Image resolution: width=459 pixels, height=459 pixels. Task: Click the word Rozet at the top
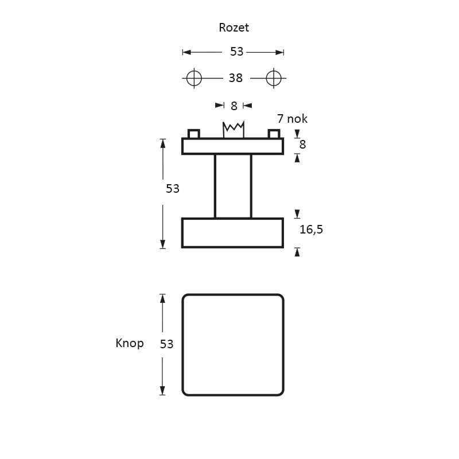[x=234, y=27]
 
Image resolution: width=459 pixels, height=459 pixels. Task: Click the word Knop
[x=130, y=343]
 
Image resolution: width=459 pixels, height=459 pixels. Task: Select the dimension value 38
[x=235, y=77]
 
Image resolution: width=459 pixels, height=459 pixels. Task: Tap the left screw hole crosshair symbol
[x=194, y=77]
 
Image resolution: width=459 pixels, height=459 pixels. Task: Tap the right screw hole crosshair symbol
[x=274, y=77]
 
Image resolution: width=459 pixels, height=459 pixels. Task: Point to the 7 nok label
[x=292, y=119]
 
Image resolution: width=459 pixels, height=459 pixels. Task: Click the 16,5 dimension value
[x=312, y=229]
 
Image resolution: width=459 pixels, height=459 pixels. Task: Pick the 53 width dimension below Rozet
[x=236, y=52]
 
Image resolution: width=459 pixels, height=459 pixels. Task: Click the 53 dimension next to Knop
[x=166, y=344]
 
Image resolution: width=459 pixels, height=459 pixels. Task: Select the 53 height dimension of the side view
[x=173, y=188]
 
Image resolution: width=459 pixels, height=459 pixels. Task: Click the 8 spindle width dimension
[x=234, y=106]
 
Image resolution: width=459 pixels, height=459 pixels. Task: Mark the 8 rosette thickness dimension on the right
[x=302, y=144]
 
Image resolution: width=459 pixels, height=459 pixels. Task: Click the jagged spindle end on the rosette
[x=234, y=129]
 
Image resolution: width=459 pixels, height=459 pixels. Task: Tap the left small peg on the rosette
[x=194, y=134]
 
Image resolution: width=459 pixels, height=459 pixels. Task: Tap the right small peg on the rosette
[x=274, y=134]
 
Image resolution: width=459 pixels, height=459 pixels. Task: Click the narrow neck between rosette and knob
[x=233, y=186]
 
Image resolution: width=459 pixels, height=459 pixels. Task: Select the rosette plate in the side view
[x=233, y=146]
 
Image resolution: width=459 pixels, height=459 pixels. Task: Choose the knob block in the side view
[x=233, y=232]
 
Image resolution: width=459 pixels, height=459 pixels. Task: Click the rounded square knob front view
[x=233, y=345]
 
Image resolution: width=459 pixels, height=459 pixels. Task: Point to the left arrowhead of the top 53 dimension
[x=185, y=52]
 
